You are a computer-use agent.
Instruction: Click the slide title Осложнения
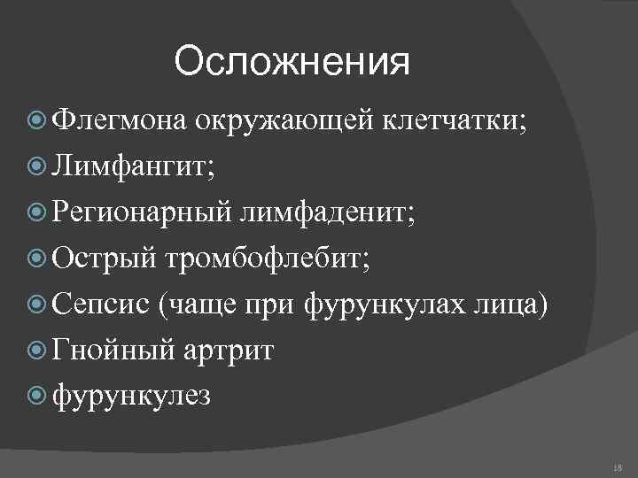[292, 63]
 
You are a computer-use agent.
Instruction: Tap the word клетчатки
[453, 120]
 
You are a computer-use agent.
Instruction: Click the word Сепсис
[101, 305]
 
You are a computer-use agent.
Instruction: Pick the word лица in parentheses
[510, 305]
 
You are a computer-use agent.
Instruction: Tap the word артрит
[230, 351]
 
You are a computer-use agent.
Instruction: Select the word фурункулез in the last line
[132, 397]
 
